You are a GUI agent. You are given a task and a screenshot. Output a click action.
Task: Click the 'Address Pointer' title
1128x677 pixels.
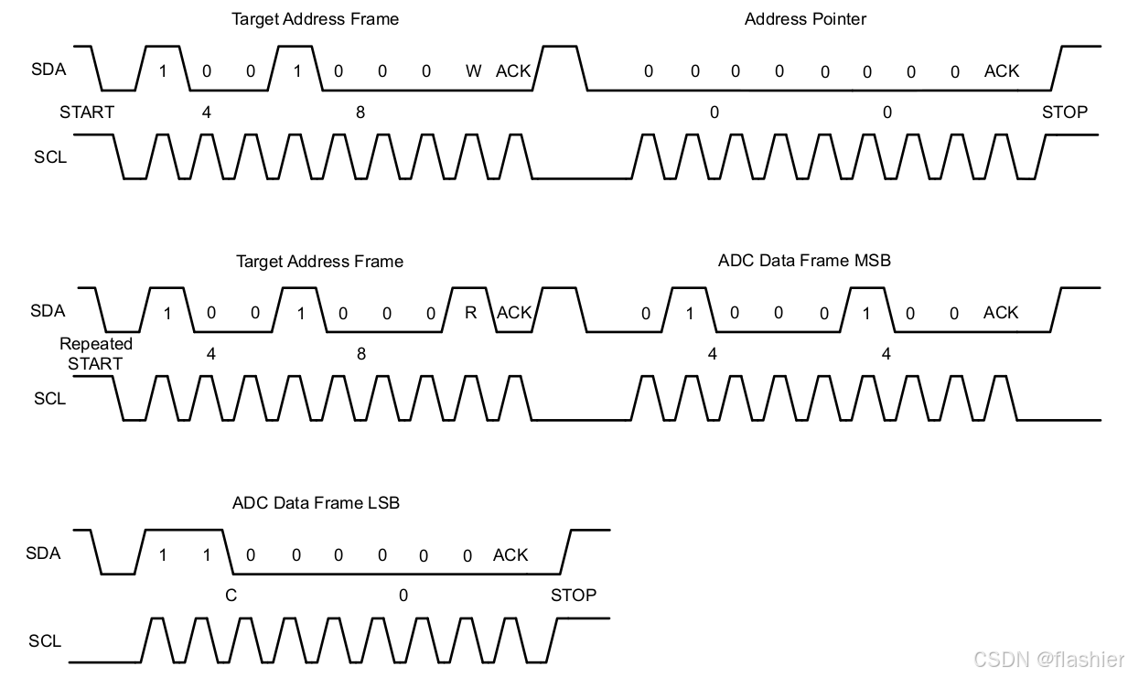[x=805, y=18]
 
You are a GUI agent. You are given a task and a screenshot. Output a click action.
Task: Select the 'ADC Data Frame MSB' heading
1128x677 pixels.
[x=804, y=261]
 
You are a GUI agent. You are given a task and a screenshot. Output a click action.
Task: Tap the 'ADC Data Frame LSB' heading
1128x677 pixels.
[x=316, y=502]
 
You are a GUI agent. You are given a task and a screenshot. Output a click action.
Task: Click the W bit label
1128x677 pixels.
[x=473, y=71]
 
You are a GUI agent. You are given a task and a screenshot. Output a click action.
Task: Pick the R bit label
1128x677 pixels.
[x=470, y=313]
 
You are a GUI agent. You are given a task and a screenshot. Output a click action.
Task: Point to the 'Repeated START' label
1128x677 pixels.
[x=95, y=353]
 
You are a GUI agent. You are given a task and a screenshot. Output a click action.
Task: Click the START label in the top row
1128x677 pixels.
[x=87, y=113]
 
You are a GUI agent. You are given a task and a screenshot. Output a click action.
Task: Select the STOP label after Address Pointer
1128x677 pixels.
[x=1065, y=113]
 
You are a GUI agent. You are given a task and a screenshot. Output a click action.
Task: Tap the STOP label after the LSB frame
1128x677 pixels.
[x=574, y=596]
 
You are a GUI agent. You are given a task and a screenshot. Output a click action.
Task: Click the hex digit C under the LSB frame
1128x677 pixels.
[x=231, y=596]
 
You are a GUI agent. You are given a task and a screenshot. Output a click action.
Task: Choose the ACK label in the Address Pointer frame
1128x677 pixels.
[x=1002, y=71]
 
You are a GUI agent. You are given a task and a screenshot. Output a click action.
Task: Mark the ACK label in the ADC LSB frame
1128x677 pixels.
[x=510, y=555]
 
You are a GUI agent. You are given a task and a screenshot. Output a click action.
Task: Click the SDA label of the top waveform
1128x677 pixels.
[x=48, y=69]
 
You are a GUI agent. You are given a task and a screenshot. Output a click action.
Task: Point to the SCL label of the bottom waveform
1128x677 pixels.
[x=45, y=641]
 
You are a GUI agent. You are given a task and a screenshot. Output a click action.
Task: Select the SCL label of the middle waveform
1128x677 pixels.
[x=50, y=399]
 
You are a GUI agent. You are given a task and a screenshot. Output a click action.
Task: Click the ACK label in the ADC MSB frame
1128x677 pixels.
[x=1001, y=313]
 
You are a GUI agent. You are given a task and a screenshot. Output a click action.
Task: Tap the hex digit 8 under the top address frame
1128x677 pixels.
[x=360, y=113]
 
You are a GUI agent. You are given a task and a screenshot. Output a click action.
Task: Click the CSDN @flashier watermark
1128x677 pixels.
[x=1048, y=659]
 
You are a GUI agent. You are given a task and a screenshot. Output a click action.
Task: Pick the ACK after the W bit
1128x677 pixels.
[x=513, y=71]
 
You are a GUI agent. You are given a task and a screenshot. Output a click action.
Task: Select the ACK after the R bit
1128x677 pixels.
[x=514, y=313]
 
